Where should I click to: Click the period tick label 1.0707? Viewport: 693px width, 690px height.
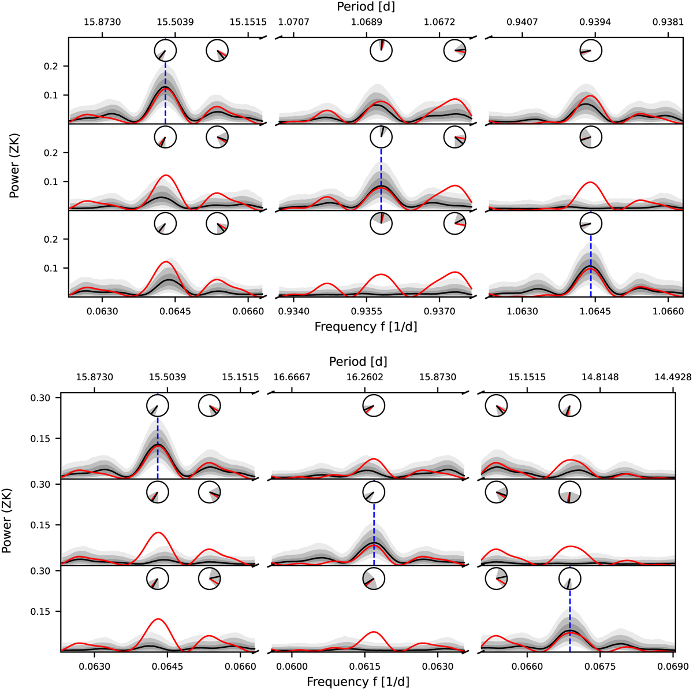[294, 23]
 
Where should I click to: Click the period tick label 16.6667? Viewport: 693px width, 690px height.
[292, 377]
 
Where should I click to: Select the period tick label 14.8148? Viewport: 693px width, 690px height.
[601, 377]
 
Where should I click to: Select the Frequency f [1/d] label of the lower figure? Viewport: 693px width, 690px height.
[358, 682]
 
